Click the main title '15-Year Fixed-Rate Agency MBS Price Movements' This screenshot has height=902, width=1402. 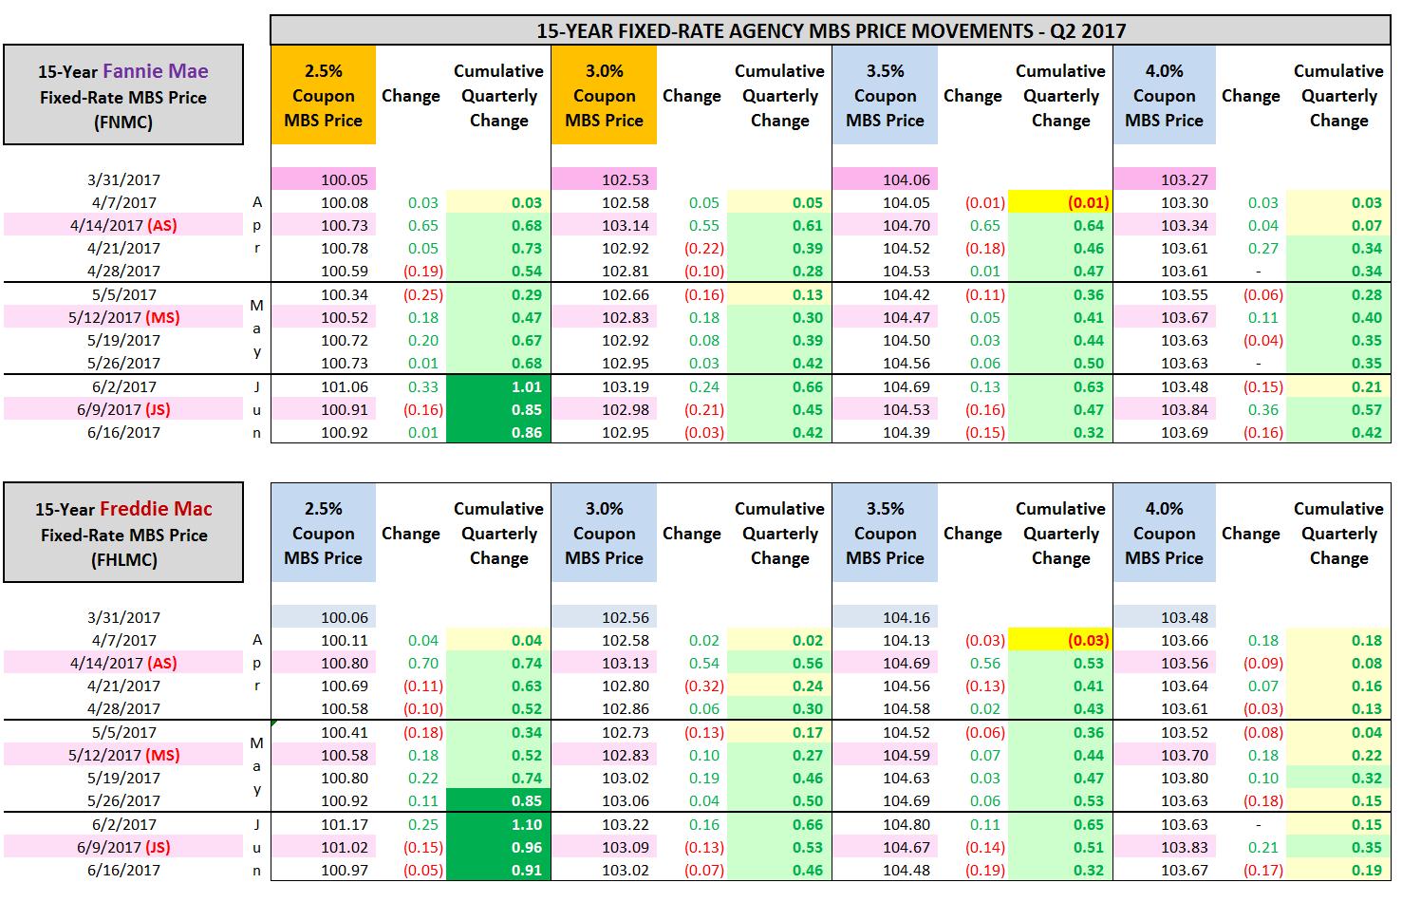pyautogui.click(x=831, y=30)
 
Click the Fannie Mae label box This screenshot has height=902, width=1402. pyautogui.click(x=123, y=96)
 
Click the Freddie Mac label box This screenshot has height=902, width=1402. pyautogui.click(x=123, y=534)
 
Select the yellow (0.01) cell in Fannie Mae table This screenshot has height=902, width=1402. pyautogui.click(x=1060, y=202)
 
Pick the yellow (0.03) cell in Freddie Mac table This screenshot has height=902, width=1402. pyautogui.click(x=1060, y=640)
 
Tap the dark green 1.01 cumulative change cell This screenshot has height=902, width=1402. pyautogui.click(x=499, y=386)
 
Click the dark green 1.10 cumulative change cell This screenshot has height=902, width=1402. pyautogui.click(x=499, y=824)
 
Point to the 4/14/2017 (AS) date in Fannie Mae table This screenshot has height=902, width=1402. pyautogui.click(x=123, y=225)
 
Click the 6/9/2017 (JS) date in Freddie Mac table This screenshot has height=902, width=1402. pyautogui.click(x=123, y=847)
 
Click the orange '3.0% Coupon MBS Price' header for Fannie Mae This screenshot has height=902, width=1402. pyautogui.click(x=604, y=96)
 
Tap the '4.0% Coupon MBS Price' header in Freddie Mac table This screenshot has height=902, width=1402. pyautogui.click(x=1164, y=534)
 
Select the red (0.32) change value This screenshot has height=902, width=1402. pyautogui.click(x=704, y=686)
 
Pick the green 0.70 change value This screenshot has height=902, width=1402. pyautogui.click(x=422, y=663)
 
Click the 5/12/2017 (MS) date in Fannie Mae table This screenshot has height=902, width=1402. pyautogui.click(x=123, y=317)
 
